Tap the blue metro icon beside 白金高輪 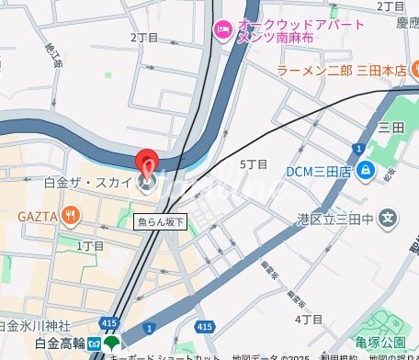click(x=94, y=344)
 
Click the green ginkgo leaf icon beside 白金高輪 click(x=111, y=344)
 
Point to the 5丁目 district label click(x=253, y=164)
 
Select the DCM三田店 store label click(x=317, y=170)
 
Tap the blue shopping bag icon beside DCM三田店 click(x=366, y=170)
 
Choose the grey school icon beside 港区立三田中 click(x=391, y=219)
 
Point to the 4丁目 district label click(x=309, y=319)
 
